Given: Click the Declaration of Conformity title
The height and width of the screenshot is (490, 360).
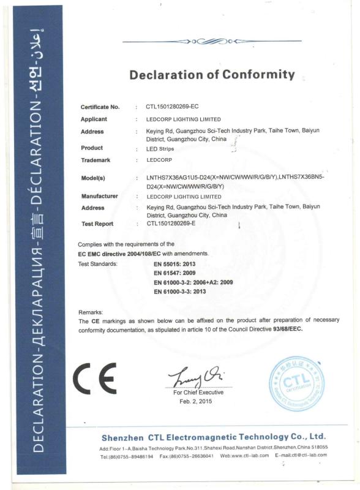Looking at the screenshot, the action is click(x=211, y=75).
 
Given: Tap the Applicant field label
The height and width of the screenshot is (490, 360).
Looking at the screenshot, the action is click(x=94, y=119).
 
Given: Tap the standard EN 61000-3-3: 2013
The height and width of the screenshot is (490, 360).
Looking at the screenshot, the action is click(x=181, y=292).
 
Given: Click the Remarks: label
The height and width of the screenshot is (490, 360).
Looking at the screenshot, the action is click(x=91, y=312).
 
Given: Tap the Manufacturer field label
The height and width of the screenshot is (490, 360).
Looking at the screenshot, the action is click(x=100, y=196).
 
